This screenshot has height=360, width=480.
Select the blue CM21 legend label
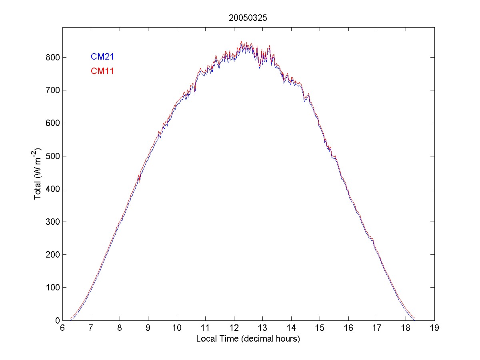coord(102,57)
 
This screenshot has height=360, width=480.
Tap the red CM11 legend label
coord(102,72)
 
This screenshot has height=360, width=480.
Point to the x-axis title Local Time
coord(248,339)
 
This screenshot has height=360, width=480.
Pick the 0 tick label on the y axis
coord(56,320)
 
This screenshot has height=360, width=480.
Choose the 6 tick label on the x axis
coord(62,328)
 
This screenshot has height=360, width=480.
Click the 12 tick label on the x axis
coord(234,328)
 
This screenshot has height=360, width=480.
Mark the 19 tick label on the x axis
coord(434,328)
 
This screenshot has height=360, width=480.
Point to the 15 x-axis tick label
coord(320,328)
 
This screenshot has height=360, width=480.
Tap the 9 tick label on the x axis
coord(148,328)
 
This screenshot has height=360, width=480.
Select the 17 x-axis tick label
coord(377,328)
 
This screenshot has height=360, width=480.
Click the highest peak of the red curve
coord(241,41)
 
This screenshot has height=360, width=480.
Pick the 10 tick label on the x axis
coord(177,328)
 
